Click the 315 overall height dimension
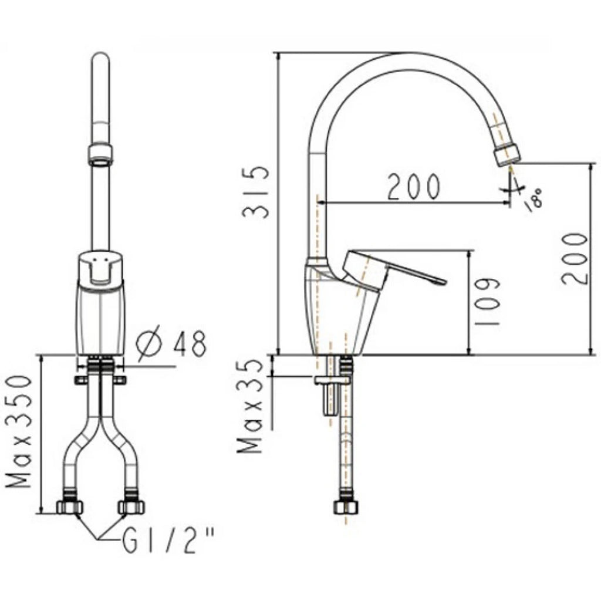(255, 192)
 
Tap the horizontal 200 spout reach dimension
(413, 187)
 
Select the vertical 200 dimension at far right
(574, 259)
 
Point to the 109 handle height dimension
(487, 302)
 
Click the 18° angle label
(534, 200)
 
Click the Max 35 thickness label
(251, 406)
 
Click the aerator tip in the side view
(508, 155)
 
